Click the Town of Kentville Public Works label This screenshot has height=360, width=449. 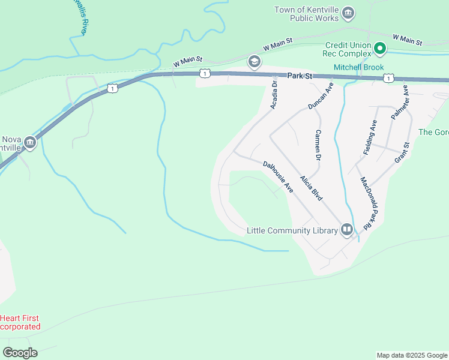pyautogui.click(x=308, y=14)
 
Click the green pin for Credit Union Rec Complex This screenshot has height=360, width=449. pyautogui.click(x=379, y=48)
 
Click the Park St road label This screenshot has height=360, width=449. pyautogui.click(x=301, y=76)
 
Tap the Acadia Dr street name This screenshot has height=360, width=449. pyautogui.click(x=274, y=95)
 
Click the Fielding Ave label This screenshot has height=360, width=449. pyautogui.click(x=370, y=139)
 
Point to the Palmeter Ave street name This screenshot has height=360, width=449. pyautogui.click(x=399, y=103)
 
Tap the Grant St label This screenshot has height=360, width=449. pyautogui.click(x=402, y=152)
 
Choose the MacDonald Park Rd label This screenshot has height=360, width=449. pyautogui.click(x=368, y=202)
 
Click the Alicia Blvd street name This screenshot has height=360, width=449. pyautogui.click(x=312, y=188)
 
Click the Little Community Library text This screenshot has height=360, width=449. pyautogui.click(x=292, y=230)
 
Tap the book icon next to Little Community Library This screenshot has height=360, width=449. pyautogui.click(x=346, y=229)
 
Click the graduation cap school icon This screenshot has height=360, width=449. pyautogui.click(x=255, y=61)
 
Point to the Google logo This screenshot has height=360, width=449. pyautogui.click(x=20, y=353)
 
